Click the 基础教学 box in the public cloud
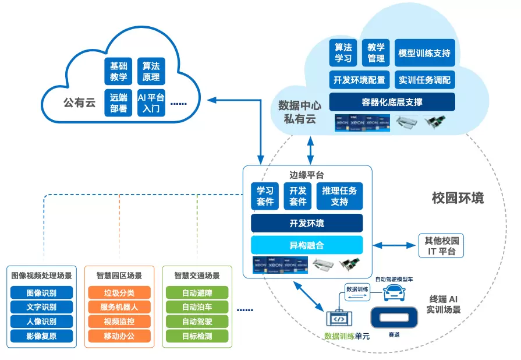pyautogui.click(x=118, y=71)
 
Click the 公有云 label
pyautogui.click(x=79, y=103)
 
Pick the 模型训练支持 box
pyautogui.click(x=424, y=53)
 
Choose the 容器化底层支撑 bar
pyautogui.click(x=392, y=102)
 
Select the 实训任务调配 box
pyautogui.click(x=424, y=79)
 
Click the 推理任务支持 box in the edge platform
pyautogui.click(x=339, y=196)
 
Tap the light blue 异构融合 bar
pyautogui.click(x=307, y=245)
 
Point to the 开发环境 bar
pyautogui.click(x=307, y=223)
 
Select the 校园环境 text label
pyautogui.click(x=458, y=197)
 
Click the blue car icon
pyautogui.click(x=395, y=292)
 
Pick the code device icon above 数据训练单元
pyautogui.click(x=339, y=319)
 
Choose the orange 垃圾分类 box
pyautogui.click(x=119, y=292)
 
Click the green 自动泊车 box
pyautogui.click(x=197, y=307)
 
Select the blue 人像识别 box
pyautogui.click(x=41, y=322)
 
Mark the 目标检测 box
pyautogui.click(x=197, y=336)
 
